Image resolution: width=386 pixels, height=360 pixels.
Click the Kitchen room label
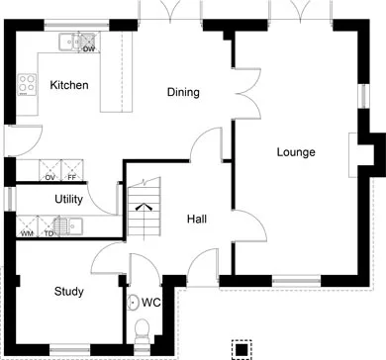click(69, 85)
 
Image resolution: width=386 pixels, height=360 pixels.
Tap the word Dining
click(183, 92)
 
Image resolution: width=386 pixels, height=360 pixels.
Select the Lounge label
click(296, 152)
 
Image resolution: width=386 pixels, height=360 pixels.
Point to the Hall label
click(197, 219)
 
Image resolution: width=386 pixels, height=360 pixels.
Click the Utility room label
click(68, 199)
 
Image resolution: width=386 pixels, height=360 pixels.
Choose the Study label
click(69, 292)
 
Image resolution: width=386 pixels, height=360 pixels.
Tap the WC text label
click(150, 303)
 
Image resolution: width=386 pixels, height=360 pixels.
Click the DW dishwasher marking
click(89, 49)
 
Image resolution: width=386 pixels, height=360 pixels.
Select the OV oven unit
click(50, 170)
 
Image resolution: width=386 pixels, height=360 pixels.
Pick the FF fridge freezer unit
click(72, 170)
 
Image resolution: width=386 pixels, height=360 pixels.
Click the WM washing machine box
click(27, 226)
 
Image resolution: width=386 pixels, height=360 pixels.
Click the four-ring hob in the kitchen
click(27, 84)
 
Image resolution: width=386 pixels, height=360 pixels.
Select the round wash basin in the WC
click(134, 302)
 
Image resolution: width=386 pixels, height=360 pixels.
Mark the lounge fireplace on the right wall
click(353, 155)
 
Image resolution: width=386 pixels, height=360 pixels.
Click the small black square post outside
click(241, 349)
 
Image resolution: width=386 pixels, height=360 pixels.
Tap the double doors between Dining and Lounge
click(247, 93)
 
